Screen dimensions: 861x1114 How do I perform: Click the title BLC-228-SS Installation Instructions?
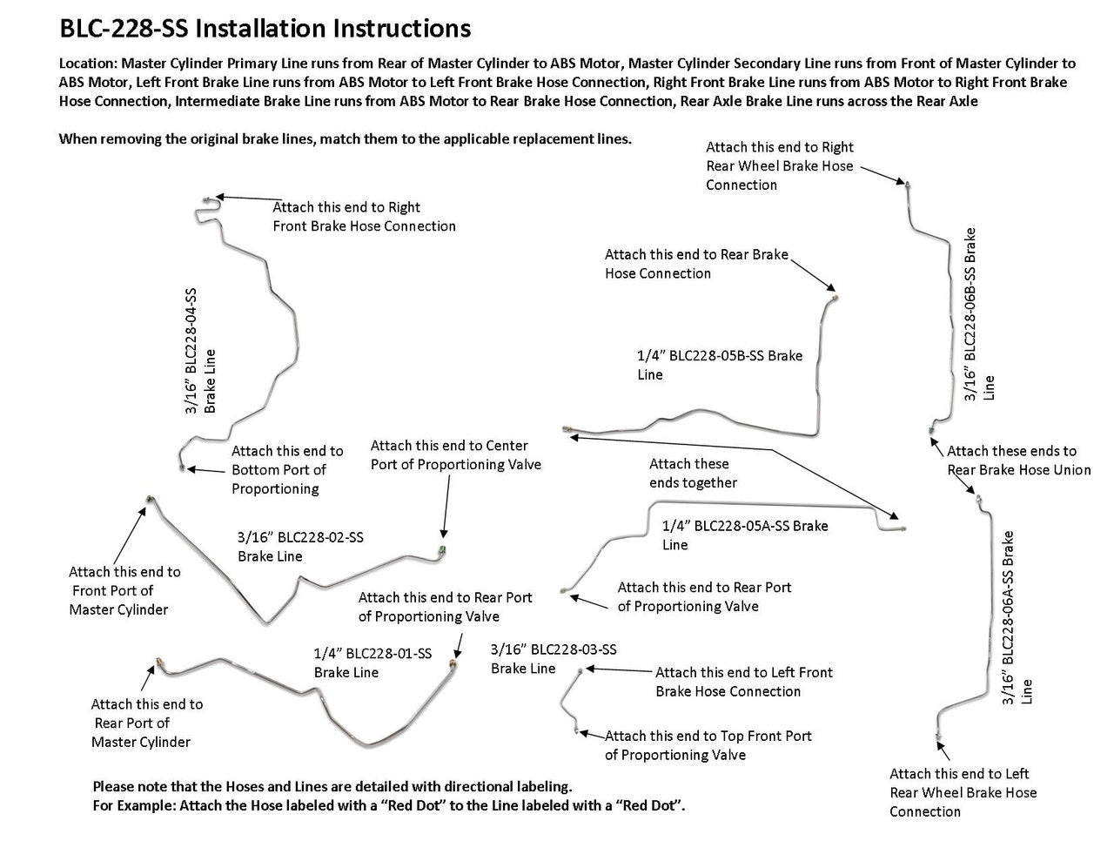click(x=265, y=29)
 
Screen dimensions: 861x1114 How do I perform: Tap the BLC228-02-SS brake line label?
click(x=300, y=547)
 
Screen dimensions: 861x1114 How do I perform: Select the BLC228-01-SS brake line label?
click(x=372, y=663)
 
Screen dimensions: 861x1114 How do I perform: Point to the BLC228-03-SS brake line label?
click(x=554, y=659)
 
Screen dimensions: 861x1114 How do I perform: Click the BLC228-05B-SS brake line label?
click(x=720, y=365)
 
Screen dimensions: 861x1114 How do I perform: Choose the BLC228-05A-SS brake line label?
click(x=745, y=535)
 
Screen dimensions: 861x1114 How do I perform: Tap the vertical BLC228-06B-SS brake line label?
click(x=978, y=313)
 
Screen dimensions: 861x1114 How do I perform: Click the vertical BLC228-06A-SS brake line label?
click(x=1017, y=618)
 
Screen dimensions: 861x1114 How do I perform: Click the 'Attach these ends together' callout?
click(x=693, y=474)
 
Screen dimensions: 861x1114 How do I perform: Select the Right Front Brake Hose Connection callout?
click(x=364, y=217)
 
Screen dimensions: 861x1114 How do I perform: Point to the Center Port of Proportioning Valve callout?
click(x=455, y=455)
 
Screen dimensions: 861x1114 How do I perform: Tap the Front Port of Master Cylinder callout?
click(x=124, y=590)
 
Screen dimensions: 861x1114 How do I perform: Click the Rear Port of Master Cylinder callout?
click(x=146, y=723)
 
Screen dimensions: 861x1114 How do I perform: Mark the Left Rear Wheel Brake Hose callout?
click(x=963, y=792)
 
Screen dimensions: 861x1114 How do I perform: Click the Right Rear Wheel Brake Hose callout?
click(x=779, y=165)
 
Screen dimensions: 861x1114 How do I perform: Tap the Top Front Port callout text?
click(x=708, y=745)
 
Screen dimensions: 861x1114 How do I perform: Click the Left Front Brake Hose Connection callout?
click(x=743, y=682)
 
